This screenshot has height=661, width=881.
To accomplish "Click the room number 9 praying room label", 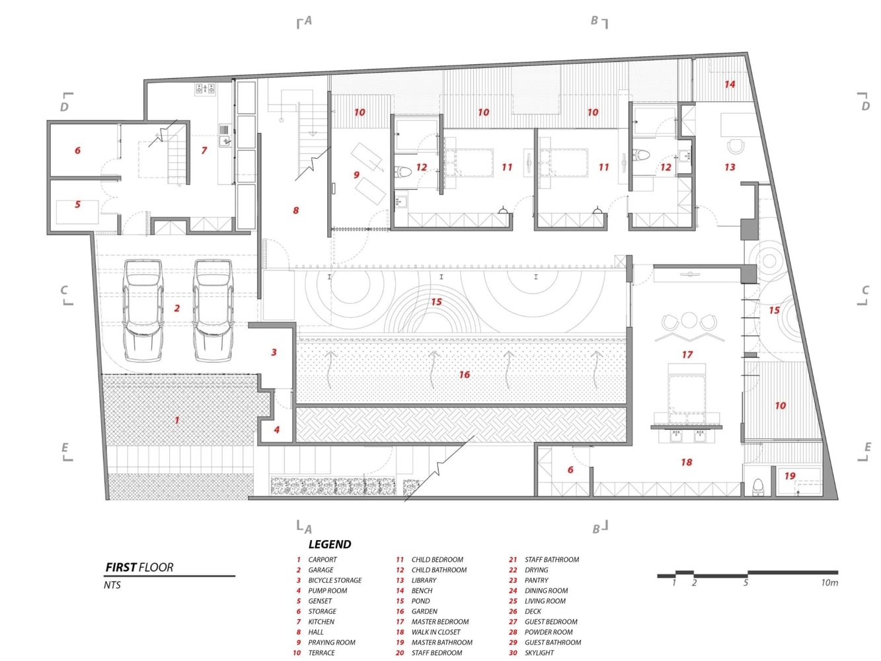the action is (x=356, y=175).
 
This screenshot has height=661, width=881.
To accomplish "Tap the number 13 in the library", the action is (x=730, y=167).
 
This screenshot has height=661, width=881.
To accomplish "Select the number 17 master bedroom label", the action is (x=687, y=354).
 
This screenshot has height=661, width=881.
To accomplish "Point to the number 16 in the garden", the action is (x=465, y=374).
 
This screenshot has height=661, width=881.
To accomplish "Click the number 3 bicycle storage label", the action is (x=274, y=352).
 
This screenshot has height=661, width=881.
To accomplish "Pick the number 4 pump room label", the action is (x=276, y=430).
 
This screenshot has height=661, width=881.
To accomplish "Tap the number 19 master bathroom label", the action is (x=790, y=475).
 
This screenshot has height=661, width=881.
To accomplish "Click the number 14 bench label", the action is (x=730, y=85).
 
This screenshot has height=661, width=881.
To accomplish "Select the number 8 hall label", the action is (x=296, y=210).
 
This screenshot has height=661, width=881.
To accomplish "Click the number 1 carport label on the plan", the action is (x=176, y=420).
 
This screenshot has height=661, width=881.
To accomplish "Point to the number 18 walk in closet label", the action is (x=686, y=462).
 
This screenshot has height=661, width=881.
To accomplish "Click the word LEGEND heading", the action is (x=330, y=544).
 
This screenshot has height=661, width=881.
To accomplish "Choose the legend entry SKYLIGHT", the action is (x=539, y=652).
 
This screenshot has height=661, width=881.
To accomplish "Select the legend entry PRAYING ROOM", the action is (x=332, y=642).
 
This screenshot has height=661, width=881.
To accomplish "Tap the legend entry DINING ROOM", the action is (x=546, y=590).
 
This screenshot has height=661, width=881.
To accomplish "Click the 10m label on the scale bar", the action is (x=829, y=582).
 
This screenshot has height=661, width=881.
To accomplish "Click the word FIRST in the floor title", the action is (x=121, y=567).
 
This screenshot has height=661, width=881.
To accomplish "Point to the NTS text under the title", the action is (x=112, y=585).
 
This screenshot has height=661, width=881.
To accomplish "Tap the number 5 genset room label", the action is (x=77, y=204).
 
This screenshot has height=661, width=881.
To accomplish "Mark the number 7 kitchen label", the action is (x=204, y=150).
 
